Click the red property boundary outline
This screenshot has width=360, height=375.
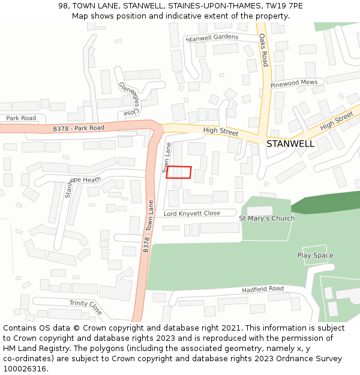pyautogui.click(x=178, y=172)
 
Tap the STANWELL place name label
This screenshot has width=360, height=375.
pyautogui.click(x=290, y=144)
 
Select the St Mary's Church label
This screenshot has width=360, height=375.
pyautogui.click(x=266, y=218)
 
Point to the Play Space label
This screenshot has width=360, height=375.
pyautogui.click(x=315, y=256)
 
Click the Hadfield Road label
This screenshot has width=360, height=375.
pyautogui.click(x=263, y=289)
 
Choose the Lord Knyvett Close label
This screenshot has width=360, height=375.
pyautogui.click(x=191, y=214)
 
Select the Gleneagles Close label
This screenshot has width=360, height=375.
pyautogui.click(x=130, y=99)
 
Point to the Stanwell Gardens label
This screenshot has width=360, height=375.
pyautogui.click(x=212, y=38)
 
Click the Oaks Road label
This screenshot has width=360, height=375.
pyautogui.click(x=264, y=50)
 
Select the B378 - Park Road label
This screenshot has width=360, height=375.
pyautogui.click(x=78, y=128)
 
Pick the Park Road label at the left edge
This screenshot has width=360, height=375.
pyautogui.click(x=21, y=118)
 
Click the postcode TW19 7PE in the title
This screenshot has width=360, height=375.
pyautogui.click(x=283, y=6)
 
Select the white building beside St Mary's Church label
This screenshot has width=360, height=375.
pyautogui.click(x=259, y=210)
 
